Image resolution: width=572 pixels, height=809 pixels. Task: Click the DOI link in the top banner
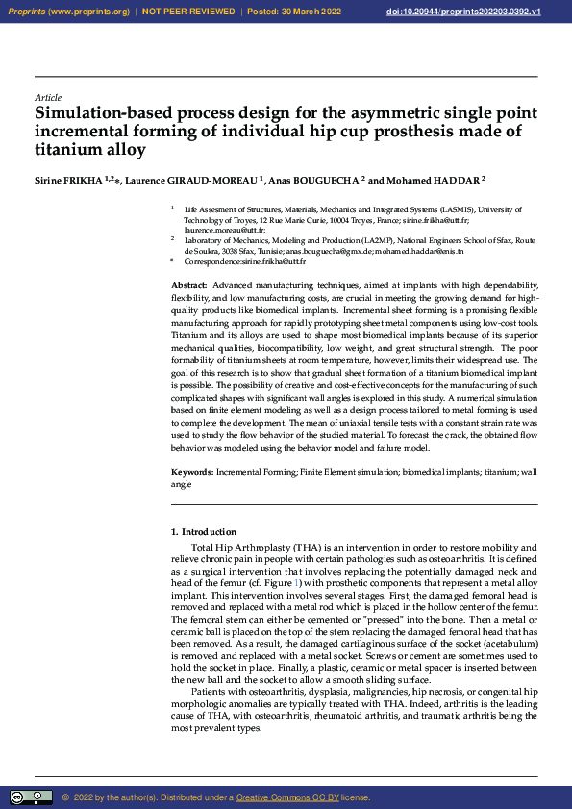pos(490,12)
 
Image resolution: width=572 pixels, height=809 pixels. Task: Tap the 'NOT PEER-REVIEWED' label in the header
pos(188,12)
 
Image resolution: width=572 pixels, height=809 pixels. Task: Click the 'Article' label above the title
pos(47,98)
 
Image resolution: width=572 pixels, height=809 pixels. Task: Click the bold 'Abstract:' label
pos(188,285)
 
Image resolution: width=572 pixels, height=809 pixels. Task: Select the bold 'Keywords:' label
pos(191,472)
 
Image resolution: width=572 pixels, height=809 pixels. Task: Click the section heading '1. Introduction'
pos(203,532)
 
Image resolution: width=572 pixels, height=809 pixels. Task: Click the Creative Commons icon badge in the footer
pos(32,797)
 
